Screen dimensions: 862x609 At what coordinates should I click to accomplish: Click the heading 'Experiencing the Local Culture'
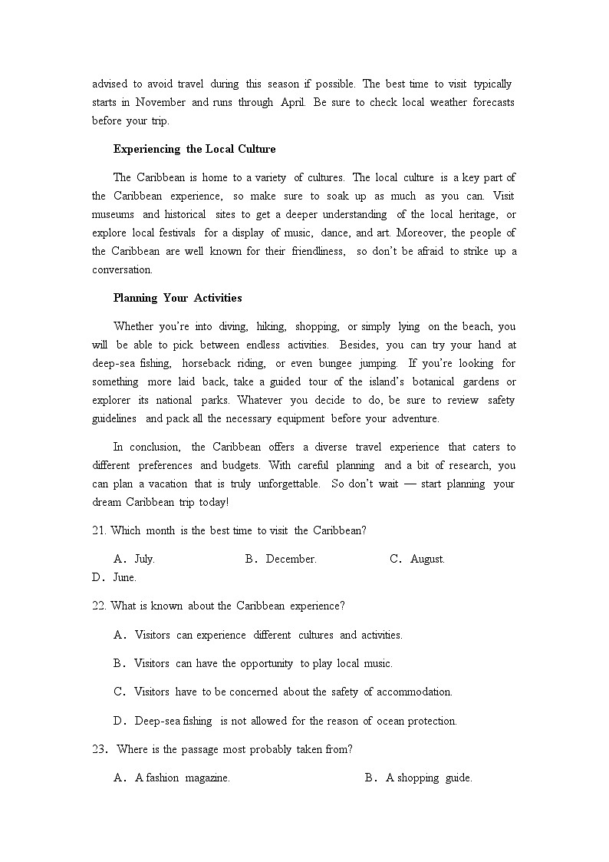[x=194, y=149]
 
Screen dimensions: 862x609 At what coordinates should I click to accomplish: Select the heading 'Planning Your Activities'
[x=177, y=298]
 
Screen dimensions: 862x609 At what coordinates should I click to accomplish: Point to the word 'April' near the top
[x=291, y=102]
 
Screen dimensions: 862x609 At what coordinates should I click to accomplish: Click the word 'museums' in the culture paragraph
[x=113, y=214]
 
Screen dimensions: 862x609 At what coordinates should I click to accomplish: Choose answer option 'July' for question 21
[x=144, y=559]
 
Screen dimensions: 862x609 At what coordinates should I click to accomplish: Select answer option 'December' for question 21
[x=291, y=559]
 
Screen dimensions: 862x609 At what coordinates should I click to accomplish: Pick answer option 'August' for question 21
[x=427, y=559]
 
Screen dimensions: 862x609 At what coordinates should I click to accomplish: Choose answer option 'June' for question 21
[x=124, y=577]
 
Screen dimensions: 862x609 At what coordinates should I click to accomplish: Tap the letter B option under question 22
[x=119, y=663]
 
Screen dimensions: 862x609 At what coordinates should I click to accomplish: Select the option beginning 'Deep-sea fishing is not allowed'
[x=295, y=721]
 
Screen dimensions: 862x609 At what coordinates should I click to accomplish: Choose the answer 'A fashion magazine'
[x=182, y=778]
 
